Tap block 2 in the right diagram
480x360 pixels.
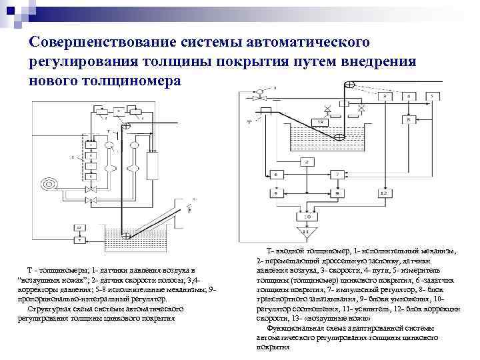coord(307,162)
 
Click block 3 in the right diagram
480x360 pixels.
coord(385,97)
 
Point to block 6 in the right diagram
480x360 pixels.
coord(277,175)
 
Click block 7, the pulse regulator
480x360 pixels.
coord(339,175)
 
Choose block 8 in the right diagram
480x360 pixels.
coord(407,119)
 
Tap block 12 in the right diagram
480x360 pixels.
coord(383,193)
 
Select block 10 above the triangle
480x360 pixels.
coord(307,217)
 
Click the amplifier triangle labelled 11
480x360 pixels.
coord(307,234)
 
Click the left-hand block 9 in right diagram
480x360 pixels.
coord(277,193)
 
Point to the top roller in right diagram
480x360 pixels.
coord(347,85)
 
